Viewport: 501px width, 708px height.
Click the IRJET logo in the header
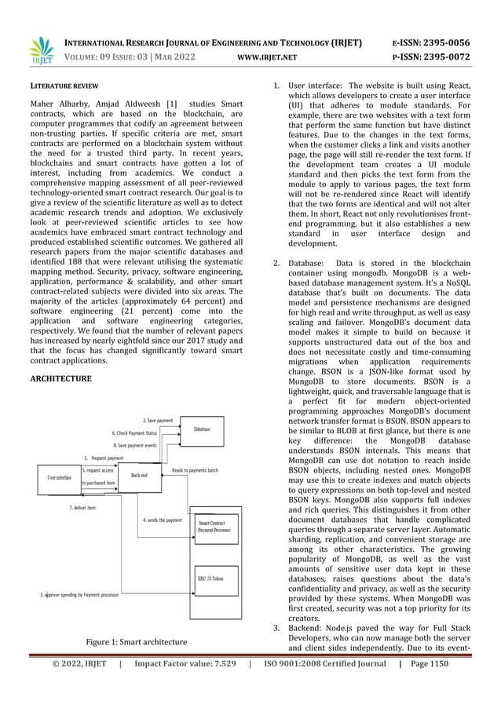pyautogui.click(x=40, y=50)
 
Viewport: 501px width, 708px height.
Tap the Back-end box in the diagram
pyautogui.click(x=139, y=475)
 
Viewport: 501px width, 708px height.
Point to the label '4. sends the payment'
pyautogui.click(x=163, y=520)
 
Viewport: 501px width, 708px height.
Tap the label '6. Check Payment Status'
pyautogui.click(x=134, y=432)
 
